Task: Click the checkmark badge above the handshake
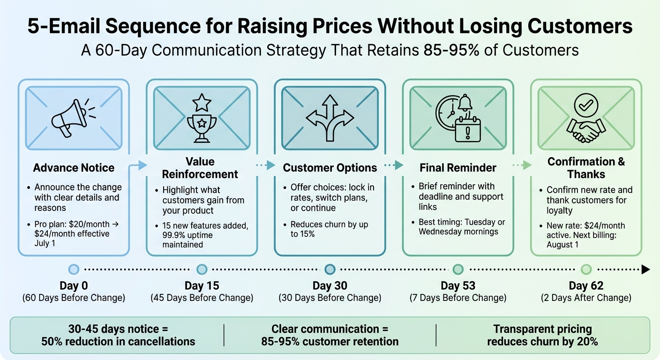pyautogui.click(x=585, y=105)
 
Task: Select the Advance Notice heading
pyautogui.click(x=74, y=168)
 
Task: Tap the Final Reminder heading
pyautogui.click(x=458, y=168)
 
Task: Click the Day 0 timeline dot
pyautogui.click(x=74, y=269)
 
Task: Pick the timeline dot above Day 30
pyautogui.click(x=330, y=269)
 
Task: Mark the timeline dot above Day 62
pyautogui.click(x=586, y=269)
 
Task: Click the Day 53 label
pyautogui.click(x=458, y=285)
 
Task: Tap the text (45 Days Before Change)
pyautogui.click(x=202, y=298)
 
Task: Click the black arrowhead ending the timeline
pyautogui.click(x=645, y=269)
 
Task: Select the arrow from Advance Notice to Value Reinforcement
pyautogui.click(x=139, y=165)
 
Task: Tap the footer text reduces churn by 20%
pyautogui.click(x=542, y=341)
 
